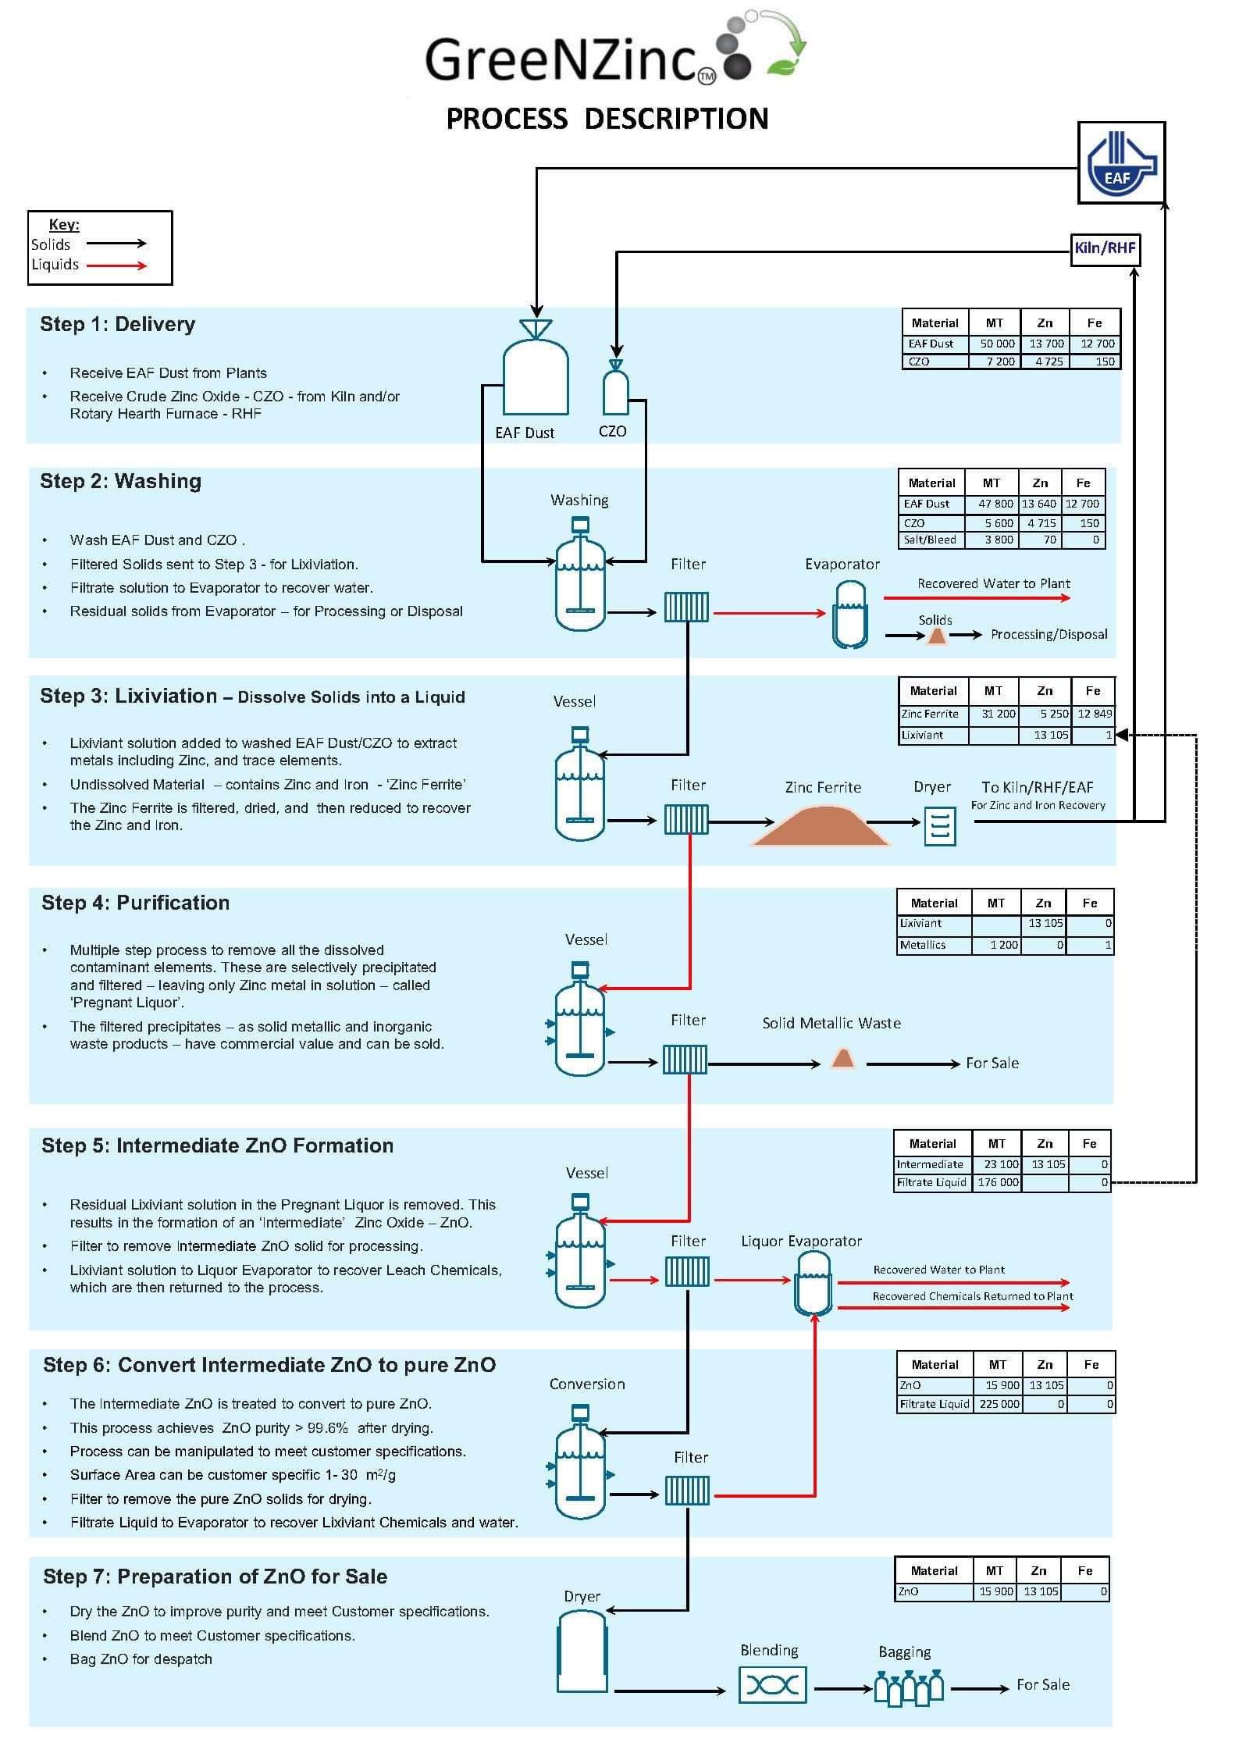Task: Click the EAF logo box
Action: coord(1120,162)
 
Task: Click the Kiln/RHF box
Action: coord(1104,249)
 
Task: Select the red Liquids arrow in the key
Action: coord(116,265)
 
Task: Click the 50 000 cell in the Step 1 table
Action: coord(996,344)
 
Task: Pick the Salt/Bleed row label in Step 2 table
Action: coord(930,540)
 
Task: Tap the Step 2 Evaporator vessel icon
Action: coord(849,615)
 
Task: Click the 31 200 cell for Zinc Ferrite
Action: coord(997,714)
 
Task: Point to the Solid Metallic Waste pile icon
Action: coord(842,1059)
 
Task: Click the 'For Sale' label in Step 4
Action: coord(992,1063)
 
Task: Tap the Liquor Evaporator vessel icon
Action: coord(813,1283)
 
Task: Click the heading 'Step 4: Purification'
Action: coord(135,903)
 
